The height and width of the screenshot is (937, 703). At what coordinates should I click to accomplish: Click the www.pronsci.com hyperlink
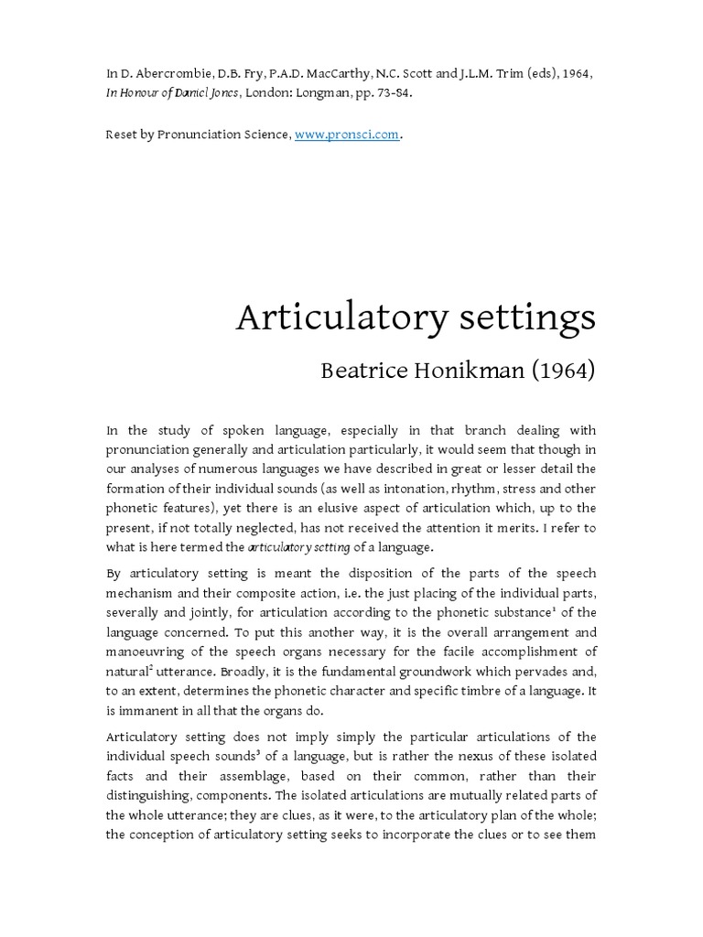[347, 135]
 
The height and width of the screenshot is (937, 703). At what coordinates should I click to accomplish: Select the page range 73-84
[409, 92]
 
